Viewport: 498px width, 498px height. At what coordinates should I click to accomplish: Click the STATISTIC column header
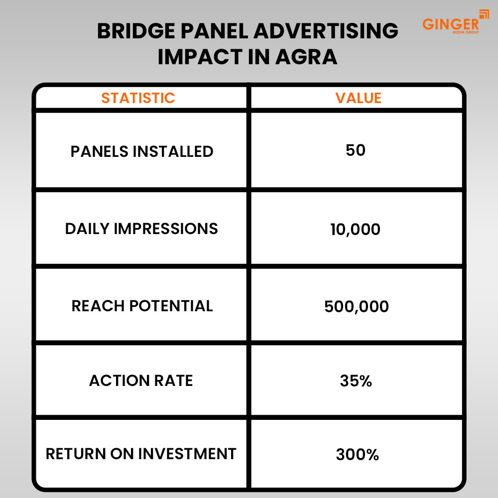point(138,98)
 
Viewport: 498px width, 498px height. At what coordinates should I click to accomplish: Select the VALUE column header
point(358,98)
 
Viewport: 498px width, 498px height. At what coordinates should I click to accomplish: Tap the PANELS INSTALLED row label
point(141,151)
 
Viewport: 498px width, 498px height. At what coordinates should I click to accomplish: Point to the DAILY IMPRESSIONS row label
point(141,229)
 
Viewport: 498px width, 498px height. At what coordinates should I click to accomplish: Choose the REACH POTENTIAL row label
point(142,306)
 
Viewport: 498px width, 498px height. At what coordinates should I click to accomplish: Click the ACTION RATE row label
point(141,380)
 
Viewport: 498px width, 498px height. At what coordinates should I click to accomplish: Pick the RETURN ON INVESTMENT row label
point(141,454)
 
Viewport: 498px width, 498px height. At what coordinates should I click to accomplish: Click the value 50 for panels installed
point(356,150)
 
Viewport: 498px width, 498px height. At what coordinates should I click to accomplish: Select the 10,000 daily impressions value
point(355,229)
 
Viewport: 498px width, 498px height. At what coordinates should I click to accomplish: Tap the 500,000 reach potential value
point(357,306)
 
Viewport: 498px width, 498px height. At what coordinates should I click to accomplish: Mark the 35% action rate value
point(356,380)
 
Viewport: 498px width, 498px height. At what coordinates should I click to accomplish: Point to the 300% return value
point(357,455)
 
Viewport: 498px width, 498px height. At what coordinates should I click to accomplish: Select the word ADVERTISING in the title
point(326,31)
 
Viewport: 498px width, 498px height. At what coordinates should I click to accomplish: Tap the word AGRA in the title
point(306,57)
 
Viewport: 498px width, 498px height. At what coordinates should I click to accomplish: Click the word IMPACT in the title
point(200,57)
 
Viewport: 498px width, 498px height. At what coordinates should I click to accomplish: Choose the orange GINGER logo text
point(451,24)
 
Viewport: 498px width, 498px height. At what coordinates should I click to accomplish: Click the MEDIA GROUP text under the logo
point(466,32)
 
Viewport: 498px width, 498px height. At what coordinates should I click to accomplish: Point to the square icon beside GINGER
point(484,14)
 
